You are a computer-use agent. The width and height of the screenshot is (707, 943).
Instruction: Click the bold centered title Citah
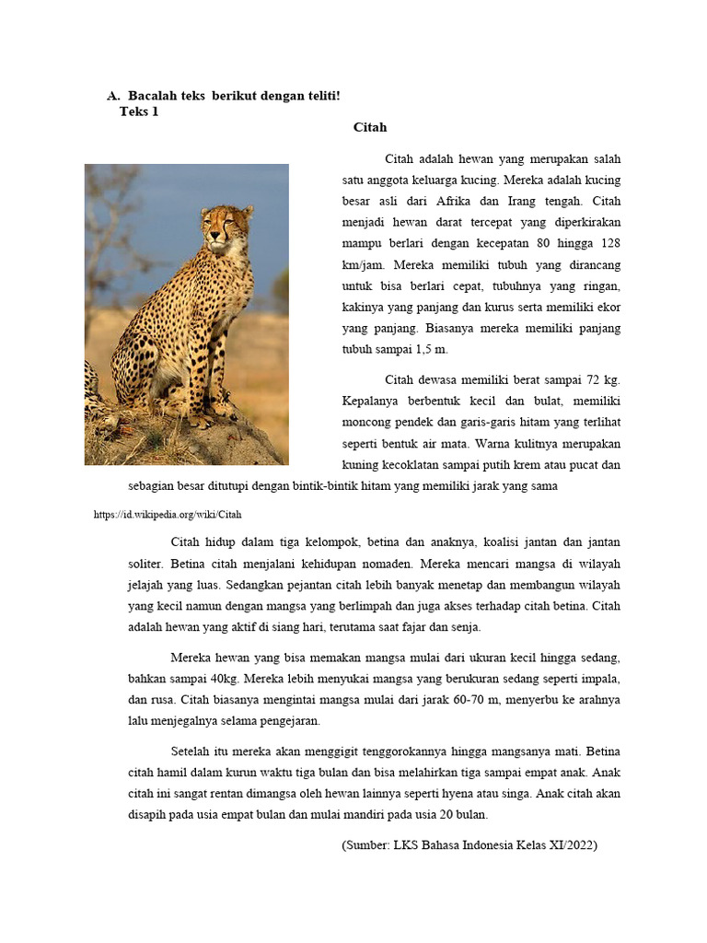pyautogui.click(x=370, y=127)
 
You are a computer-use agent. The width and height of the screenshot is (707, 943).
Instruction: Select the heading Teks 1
pyautogui.click(x=139, y=111)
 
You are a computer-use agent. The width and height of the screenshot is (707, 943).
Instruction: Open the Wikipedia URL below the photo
pyautogui.click(x=168, y=515)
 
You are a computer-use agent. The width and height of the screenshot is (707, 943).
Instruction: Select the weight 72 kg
pyautogui.click(x=602, y=379)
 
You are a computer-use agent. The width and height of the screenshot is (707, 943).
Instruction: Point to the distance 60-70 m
pyautogui.click(x=479, y=700)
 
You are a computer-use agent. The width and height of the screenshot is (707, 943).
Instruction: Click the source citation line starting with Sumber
pyautogui.click(x=469, y=845)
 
